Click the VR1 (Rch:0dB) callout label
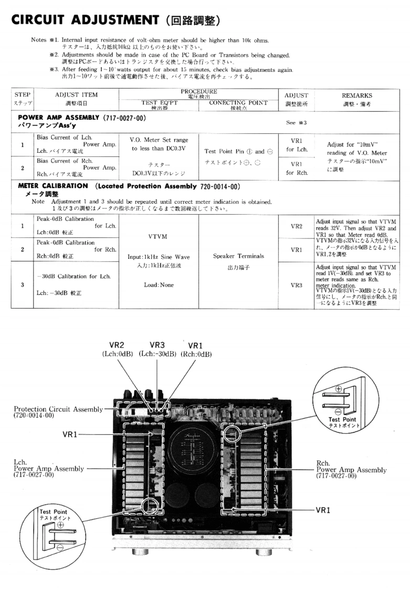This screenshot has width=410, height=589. [196, 350]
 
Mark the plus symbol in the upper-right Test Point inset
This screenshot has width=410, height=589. [338, 388]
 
